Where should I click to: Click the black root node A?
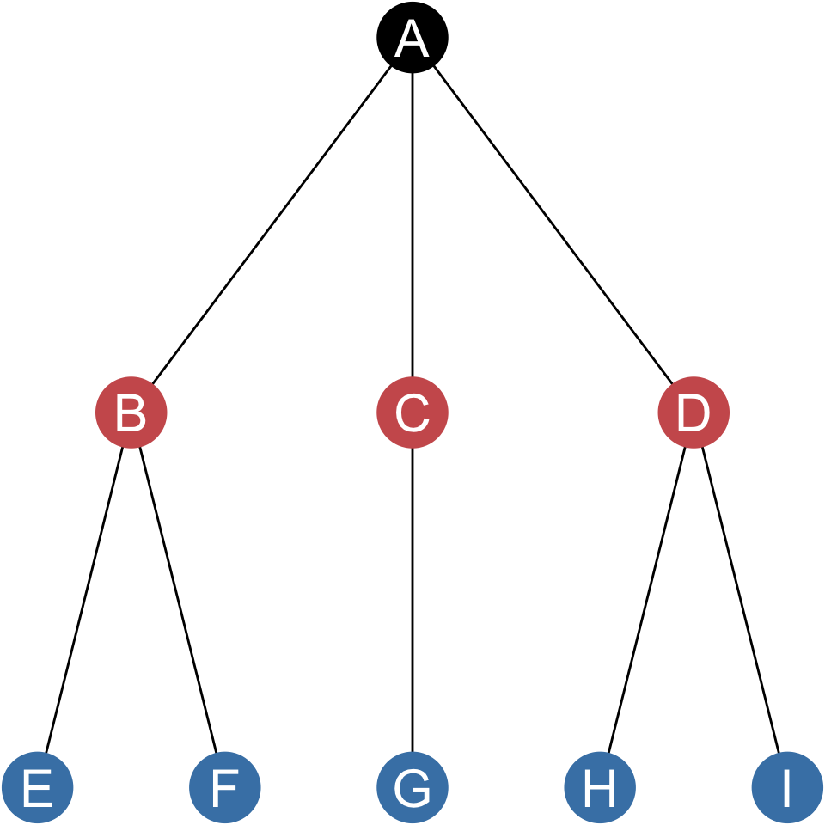[x=412, y=38]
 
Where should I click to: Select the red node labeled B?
[x=131, y=412]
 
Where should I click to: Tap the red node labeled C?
[x=412, y=412]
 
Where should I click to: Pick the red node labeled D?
[x=694, y=412]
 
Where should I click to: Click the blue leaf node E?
[x=38, y=787]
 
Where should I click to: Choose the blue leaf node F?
[x=225, y=787]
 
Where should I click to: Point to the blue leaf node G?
[x=412, y=787]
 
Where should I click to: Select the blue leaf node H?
[x=600, y=787]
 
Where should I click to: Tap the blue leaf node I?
[x=787, y=787]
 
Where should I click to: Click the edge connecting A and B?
[x=272, y=225]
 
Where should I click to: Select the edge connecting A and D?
[x=553, y=225]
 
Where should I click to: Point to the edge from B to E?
[x=84, y=600]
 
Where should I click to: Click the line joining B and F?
[x=178, y=600]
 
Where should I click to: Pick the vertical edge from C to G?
[x=412, y=600]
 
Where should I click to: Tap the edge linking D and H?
[x=646, y=600]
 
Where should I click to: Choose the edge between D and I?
[x=741, y=600]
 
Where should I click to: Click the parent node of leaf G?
[x=412, y=412]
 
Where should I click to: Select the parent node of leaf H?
[x=694, y=412]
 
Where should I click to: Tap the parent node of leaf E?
[x=131, y=412]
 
